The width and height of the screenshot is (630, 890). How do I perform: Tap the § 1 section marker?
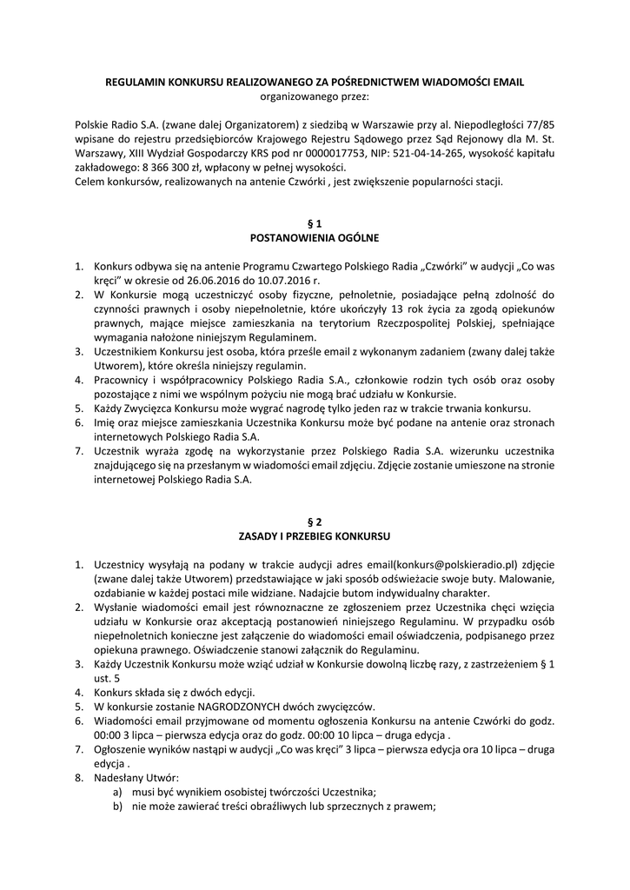coord(315,223)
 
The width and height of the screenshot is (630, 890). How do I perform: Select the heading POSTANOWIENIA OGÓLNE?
coord(315,237)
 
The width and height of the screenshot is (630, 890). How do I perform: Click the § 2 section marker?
coord(315,521)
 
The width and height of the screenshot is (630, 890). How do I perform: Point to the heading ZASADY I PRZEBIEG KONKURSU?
coord(315,535)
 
